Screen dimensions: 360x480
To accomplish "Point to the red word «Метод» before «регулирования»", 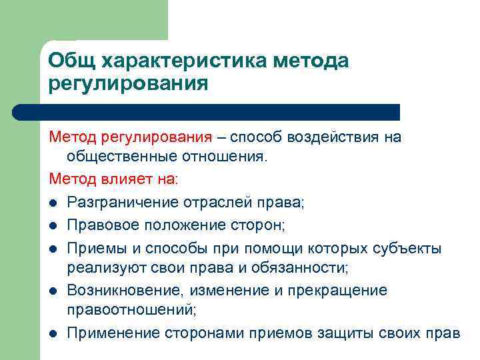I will point(73,138).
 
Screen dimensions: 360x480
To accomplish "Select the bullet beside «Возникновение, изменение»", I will point(53,291).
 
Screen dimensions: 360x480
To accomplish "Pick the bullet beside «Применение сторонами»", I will point(53,333).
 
